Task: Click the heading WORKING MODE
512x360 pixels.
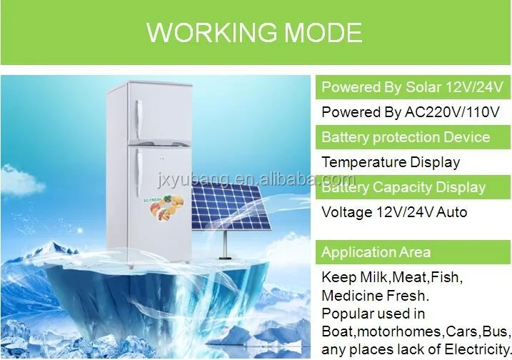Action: click(x=254, y=32)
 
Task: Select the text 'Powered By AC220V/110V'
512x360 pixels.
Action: click(x=410, y=112)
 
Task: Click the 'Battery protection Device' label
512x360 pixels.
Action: click(x=406, y=137)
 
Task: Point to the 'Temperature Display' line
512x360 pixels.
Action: click(x=391, y=162)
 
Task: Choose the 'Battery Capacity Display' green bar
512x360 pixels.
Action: click(x=403, y=187)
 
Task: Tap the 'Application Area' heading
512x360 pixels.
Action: click(x=376, y=252)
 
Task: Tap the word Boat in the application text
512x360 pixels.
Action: click(x=338, y=331)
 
